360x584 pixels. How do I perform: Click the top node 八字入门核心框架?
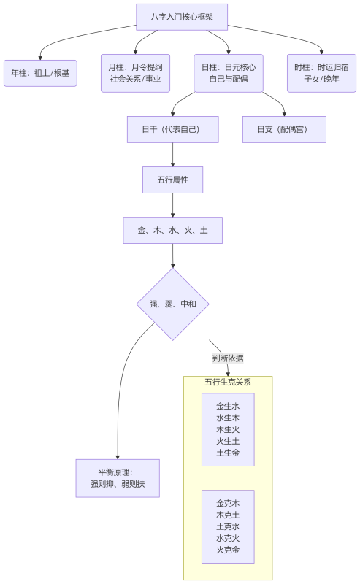182,17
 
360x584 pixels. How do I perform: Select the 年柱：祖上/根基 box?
40,73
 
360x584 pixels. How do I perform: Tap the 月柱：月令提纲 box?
135,73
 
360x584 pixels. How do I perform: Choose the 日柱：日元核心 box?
229,73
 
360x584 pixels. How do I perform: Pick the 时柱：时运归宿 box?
321,73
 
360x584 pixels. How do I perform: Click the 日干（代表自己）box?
172,129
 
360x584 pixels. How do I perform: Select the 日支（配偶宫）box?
284,129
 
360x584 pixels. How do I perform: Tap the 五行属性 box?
172,180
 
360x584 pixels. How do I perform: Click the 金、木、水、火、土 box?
172,230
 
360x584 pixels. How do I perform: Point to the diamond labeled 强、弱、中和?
172,304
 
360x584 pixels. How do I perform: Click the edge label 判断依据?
228,358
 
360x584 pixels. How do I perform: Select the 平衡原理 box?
117,478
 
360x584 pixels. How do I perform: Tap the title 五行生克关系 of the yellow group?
228,383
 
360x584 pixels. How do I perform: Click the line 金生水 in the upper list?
228,406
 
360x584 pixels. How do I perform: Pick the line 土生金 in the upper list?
228,453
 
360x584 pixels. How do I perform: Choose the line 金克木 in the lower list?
228,503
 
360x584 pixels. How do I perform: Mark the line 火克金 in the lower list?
228,550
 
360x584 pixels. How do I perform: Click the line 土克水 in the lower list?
228,526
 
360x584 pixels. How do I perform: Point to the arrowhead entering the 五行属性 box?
172,164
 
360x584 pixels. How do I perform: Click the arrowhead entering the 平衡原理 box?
117,456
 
